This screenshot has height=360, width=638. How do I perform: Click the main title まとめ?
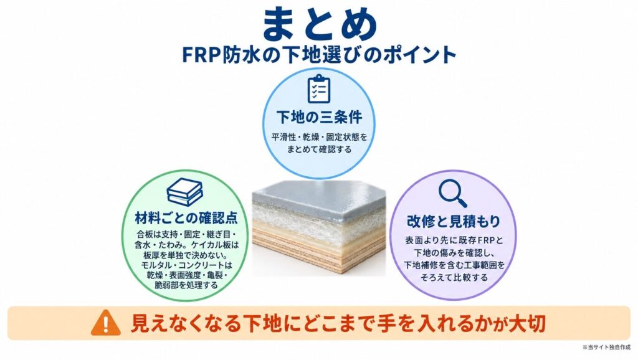pos(319,24)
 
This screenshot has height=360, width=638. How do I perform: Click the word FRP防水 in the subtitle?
pos(221,55)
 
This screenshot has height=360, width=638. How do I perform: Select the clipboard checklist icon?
pos(318,88)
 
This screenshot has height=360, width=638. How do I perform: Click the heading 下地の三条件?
pos(319,117)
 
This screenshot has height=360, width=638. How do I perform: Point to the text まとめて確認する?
pos(319,149)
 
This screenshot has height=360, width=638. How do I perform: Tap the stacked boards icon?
pos(184,192)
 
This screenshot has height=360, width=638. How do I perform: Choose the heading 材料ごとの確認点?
pos(186,218)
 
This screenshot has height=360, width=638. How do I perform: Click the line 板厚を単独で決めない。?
pos(186,255)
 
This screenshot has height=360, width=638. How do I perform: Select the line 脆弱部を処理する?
pos(186,285)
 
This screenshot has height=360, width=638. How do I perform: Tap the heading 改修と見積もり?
pos(454,221)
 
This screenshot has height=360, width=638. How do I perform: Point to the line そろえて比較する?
pos(454,277)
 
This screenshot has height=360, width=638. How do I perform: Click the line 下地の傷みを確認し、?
pos(454,252)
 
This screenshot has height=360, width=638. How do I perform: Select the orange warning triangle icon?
pos(106,323)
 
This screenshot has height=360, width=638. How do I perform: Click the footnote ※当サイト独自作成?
pos(606,348)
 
